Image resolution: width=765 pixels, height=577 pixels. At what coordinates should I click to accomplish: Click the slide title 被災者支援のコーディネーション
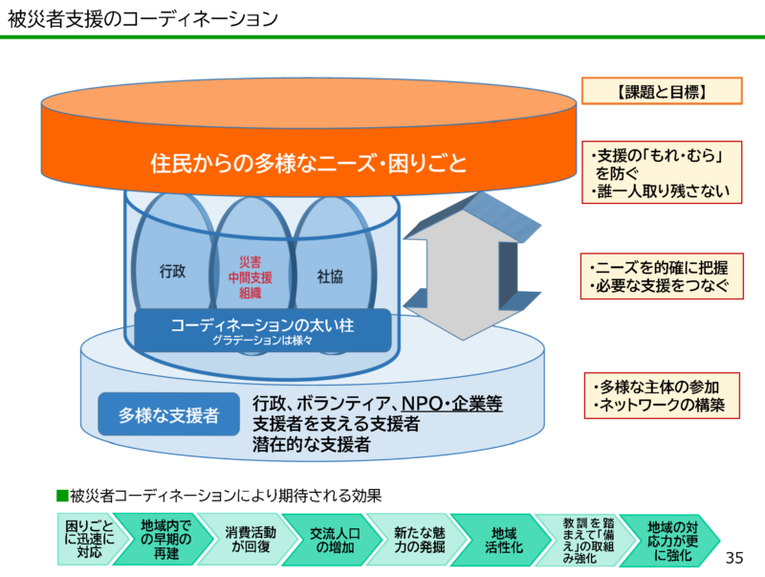click(x=143, y=18)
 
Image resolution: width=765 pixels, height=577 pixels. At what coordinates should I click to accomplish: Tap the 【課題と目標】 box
click(x=662, y=92)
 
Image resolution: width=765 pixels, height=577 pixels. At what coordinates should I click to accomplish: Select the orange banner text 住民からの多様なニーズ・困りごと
click(x=309, y=164)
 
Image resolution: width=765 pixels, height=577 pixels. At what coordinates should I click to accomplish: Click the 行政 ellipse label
click(x=172, y=271)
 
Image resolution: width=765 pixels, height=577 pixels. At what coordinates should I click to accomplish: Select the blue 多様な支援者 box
click(x=168, y=416)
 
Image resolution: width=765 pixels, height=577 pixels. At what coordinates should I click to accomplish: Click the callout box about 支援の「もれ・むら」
click(x=662, y=173)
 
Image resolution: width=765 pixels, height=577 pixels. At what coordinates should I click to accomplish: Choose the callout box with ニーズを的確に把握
click(x=662, y=276)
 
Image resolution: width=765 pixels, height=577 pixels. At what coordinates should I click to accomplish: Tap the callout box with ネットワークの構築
click(x=662, y=395)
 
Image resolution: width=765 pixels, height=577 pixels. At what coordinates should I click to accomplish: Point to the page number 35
click(x=734, y=558)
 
